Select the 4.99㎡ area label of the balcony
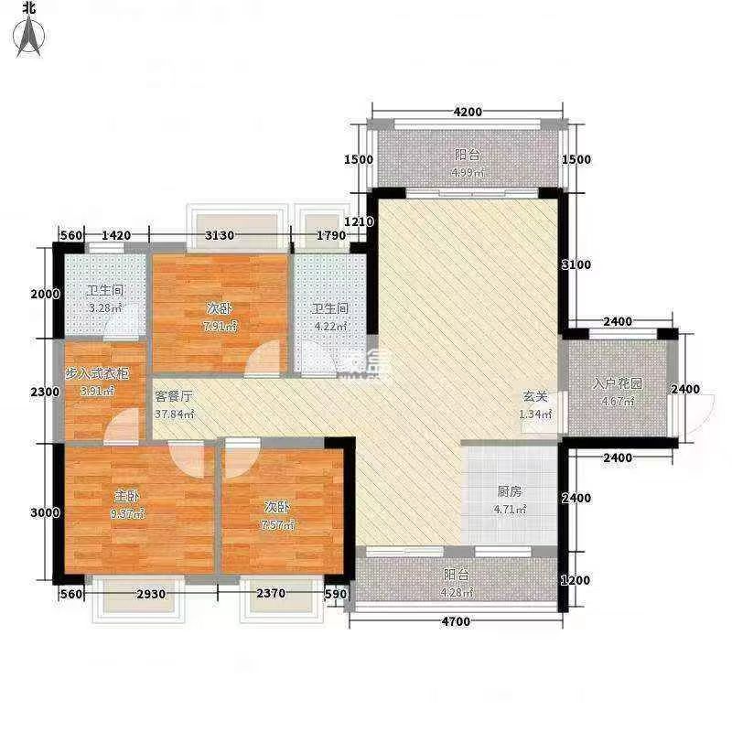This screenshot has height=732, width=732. click(467, 173)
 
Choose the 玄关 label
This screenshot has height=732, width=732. click(535, 398)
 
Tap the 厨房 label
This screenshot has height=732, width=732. click(509, 491)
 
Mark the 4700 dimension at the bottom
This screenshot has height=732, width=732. click(454, 622)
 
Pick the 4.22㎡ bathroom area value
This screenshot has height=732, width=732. click(329, 326)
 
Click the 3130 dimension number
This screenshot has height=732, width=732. click(220, 235)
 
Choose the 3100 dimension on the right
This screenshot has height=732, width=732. click(576, 264)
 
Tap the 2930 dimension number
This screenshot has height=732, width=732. click(151, 595)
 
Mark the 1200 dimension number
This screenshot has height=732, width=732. click(576, 579)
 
